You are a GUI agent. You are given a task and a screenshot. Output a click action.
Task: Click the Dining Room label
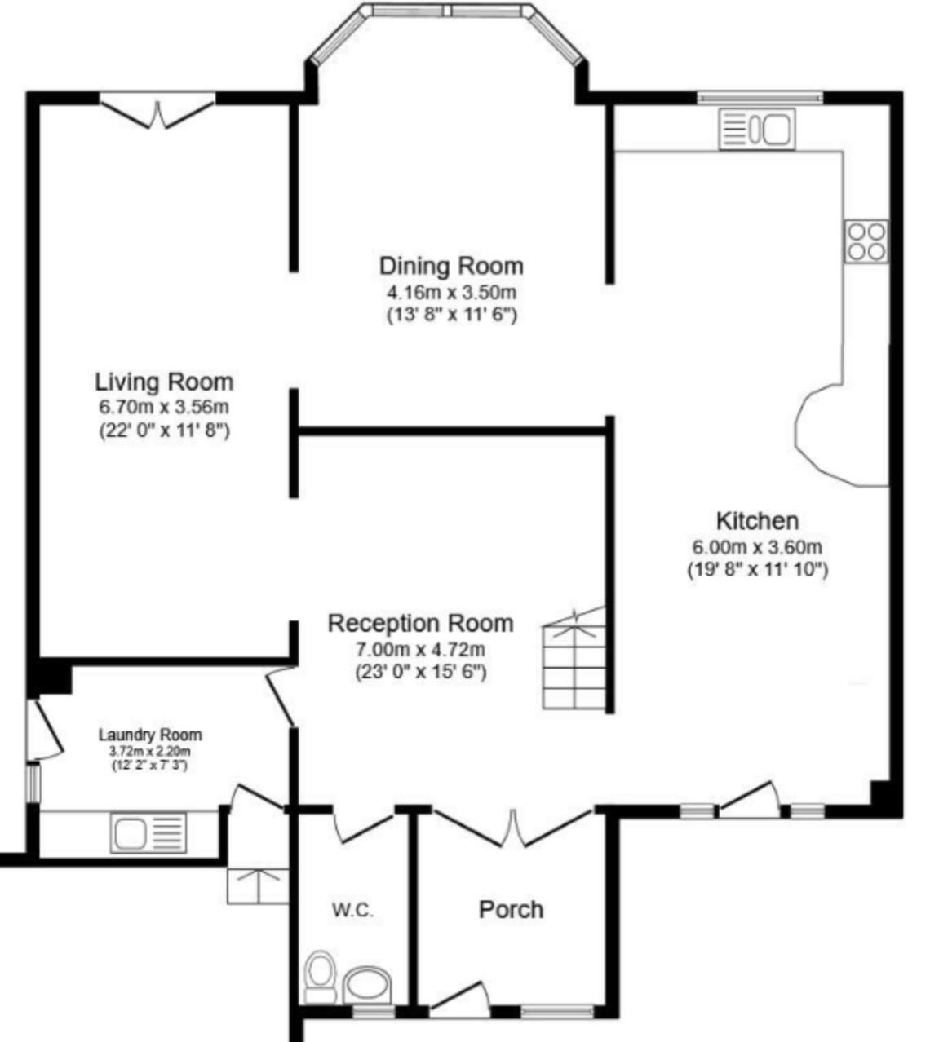pyautogui.click(x=451, y=266)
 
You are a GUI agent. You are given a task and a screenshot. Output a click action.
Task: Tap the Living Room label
pyautogui.click(x=164, y=382)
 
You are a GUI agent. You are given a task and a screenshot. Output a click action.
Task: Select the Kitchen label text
pyautogui.click(x=757, y=521)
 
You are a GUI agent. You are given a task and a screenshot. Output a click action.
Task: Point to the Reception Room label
pyautogui.click(x=421, y=624)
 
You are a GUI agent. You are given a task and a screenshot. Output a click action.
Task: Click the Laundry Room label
pyautogui.click(x=150, y=735)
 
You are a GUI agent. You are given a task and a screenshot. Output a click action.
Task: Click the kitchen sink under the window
pyautogui.click(x=757, y=129)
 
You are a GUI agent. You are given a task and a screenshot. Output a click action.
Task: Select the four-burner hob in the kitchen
pyautogui.click(x=866, y=241)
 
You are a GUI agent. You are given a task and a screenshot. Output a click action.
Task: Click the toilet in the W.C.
pyautogui.click(x=321, y=977)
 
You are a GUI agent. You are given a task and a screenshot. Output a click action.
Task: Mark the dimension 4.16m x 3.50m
pyautogui.click(x=451, y=292)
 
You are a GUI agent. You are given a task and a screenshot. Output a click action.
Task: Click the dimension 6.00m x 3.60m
pyautogui.click(x=757, y=547)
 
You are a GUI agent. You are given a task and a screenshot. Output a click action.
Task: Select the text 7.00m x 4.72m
pyautogui.click(x=421, y=649)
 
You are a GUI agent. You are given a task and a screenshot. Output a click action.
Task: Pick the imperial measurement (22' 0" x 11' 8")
pyautogui.click(x=164, y=430)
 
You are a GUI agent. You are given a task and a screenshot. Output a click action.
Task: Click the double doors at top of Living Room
pyautogui.click(x=157, y=111)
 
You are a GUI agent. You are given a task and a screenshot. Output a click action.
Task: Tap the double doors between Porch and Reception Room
pyautogui.click(x=512, y=828)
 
